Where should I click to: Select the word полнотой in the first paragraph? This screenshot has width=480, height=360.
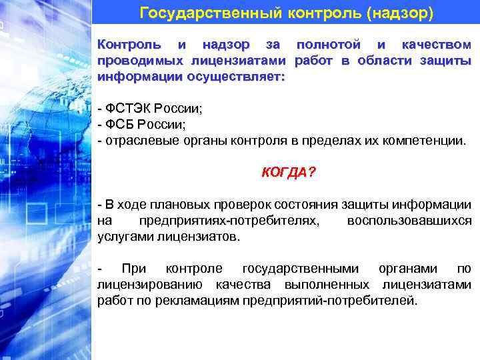327,45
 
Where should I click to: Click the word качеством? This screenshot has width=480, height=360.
437,45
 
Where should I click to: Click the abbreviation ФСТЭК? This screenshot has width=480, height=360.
125,109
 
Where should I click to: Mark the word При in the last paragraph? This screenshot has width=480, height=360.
133,269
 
